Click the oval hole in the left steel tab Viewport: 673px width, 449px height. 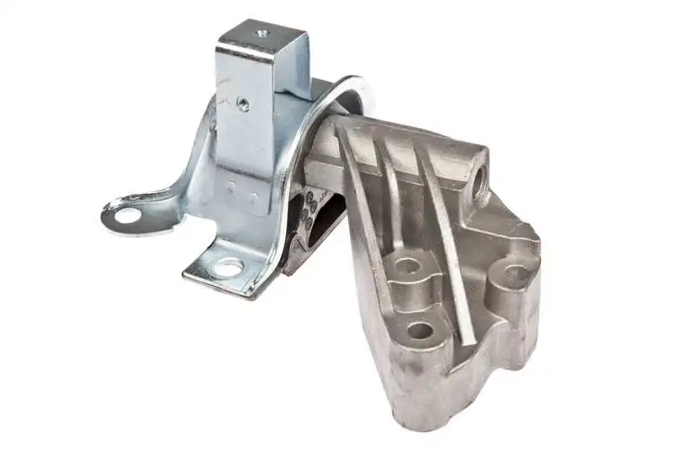click(x=127, y=216)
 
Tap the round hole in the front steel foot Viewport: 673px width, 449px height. click(x=228, y=269)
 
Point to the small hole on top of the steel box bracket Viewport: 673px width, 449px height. click(x=261, y=35)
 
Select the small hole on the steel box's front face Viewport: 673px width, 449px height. click(x=242, y=104)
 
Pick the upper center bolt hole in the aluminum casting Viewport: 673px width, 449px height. click(x=407, y=267)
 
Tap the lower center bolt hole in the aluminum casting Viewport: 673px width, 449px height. click(x=420, y=329)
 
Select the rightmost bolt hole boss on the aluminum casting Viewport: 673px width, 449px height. click(x=514, y=273)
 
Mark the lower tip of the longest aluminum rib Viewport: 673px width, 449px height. click(x=472, y=340)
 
